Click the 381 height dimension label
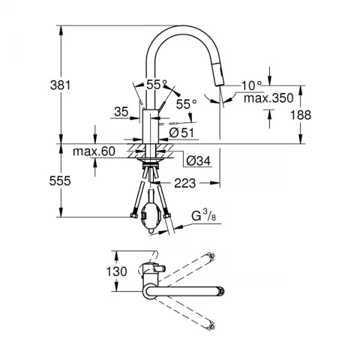tap(61, 85)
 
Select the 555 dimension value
tap(60, 181)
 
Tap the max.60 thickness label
tap(94, 151)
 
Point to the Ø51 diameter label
tap(181, 132)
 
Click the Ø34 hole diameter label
tap(199, 160)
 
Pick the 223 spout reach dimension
tap(185, 183)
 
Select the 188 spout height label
tap(301, 115)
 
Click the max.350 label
tap(268, 98)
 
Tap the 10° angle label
tap(251, 85)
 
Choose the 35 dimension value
tap(121, 112)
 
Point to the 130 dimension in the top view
tap(117, 271)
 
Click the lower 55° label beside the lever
tap(187, 103)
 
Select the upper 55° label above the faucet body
tap(157, 85)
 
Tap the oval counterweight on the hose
tap(150, 216)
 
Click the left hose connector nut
tap(133, 215)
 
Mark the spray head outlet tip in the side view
tap(219, 85)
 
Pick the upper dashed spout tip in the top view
tap(211, 256)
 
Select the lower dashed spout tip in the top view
tap(211, 327)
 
